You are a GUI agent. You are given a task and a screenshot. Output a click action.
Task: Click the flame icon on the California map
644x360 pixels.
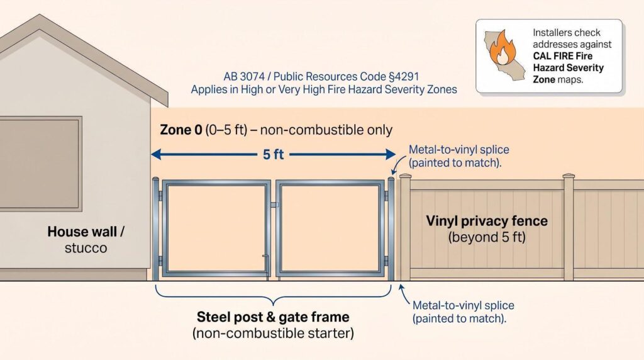502,48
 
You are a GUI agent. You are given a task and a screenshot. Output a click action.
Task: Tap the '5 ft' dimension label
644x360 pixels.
273,155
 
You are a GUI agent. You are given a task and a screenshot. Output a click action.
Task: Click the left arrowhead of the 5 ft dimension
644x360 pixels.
156,155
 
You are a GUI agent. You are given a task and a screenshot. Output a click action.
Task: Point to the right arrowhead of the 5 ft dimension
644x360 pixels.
391,155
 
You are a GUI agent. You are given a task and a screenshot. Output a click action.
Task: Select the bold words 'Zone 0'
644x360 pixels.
180,130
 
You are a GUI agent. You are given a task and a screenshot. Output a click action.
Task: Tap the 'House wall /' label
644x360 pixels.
86,232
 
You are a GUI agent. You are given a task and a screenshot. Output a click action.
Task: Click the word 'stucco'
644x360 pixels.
86,248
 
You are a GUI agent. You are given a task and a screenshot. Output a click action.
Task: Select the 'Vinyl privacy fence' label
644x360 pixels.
487,221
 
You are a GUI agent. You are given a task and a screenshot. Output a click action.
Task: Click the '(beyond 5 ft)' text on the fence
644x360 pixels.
487,237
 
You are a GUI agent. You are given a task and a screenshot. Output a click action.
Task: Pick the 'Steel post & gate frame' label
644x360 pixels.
273,317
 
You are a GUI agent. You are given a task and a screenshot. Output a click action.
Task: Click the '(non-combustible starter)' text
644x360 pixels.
273,333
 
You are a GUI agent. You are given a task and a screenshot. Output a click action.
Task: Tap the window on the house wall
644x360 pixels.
40,164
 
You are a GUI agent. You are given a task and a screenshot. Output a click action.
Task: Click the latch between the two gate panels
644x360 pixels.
274,205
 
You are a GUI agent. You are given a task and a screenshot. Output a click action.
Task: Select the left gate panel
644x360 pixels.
216,228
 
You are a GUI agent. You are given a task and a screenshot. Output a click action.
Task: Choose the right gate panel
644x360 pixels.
330,228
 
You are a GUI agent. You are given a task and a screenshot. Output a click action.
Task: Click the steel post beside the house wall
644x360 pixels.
155,228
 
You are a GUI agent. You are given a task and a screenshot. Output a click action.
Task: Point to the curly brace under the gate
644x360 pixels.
273,296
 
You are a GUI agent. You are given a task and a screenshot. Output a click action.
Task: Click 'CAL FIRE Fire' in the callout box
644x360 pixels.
563,56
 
